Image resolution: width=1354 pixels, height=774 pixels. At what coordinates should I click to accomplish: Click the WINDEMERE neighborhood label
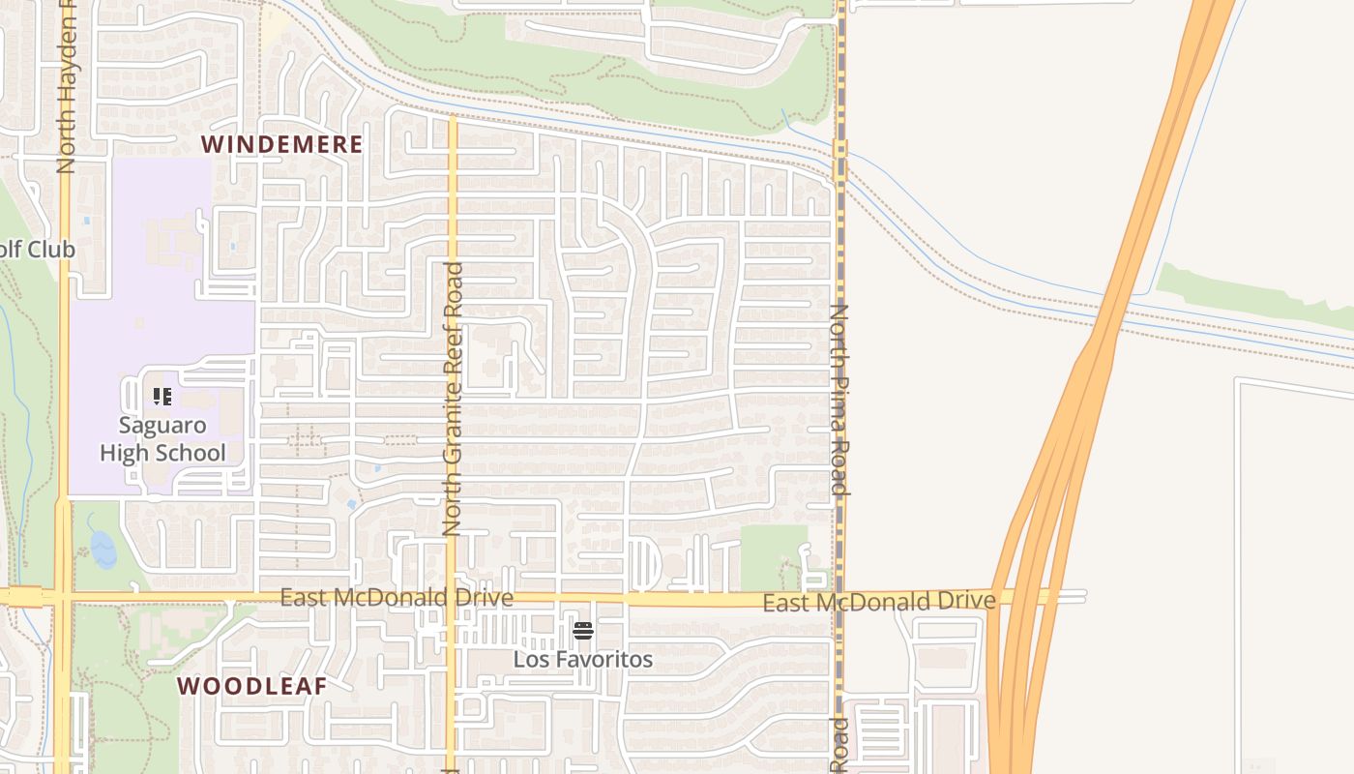click(281, 145)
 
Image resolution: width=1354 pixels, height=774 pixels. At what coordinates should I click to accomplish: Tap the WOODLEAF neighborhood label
click(251, 686)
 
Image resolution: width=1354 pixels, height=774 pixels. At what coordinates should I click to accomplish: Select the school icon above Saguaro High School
click(162, 396)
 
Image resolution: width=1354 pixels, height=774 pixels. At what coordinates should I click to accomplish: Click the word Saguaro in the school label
click(162, 425)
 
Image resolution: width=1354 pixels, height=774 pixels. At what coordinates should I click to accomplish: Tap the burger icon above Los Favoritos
click(582, 631)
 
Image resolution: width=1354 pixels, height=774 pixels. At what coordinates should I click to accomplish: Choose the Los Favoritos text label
click(582, 660)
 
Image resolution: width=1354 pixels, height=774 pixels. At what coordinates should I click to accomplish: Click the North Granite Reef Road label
click(453, 399)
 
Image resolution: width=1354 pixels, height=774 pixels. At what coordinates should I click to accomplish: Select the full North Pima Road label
click(839, 399)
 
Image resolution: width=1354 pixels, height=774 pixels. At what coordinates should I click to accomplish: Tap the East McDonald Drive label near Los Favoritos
click(397, 598)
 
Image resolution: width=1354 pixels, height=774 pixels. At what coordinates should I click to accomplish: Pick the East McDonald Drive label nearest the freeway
click(878, 602)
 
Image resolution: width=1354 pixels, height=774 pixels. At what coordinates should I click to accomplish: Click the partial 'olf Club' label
click(37, 250)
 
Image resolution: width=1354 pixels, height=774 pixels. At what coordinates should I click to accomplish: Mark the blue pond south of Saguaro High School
click(103, 550)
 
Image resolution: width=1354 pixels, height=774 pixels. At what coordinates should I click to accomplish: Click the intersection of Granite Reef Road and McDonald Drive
click(451, 598)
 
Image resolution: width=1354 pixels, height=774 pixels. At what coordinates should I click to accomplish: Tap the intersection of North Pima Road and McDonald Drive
click(839, 600)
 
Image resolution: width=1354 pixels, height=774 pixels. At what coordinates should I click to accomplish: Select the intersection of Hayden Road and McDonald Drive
click(62, 596)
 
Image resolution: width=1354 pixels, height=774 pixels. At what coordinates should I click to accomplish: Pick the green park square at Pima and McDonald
click(773, 555)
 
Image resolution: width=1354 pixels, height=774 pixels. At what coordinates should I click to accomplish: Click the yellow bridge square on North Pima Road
click(839, 149)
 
